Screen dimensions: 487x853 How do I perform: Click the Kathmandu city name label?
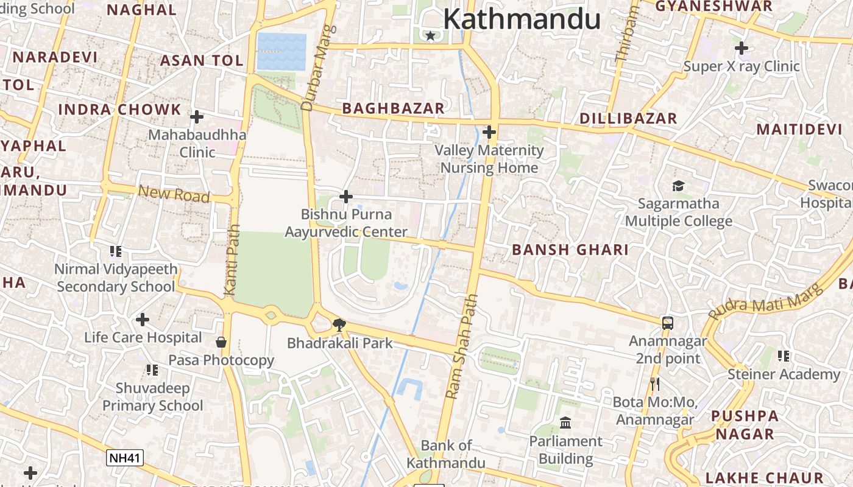(522, 19)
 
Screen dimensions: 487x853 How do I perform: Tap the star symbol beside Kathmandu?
(431, 36)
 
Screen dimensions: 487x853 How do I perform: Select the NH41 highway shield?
(125, 458)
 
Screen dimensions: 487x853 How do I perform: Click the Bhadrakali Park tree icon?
(339, 326)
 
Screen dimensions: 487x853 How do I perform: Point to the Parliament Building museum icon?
(565, 422)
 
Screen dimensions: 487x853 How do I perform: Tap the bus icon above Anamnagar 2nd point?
(668, 323)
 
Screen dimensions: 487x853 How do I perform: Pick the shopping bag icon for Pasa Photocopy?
(221, 342)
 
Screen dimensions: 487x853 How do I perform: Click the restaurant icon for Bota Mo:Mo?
(655, 384)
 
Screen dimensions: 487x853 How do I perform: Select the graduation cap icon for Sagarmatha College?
(678, 186)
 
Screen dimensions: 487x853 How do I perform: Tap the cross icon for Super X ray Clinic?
(742, 47)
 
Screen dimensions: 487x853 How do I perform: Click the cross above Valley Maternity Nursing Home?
(489, 131)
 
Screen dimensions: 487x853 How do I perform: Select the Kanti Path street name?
(232, 260)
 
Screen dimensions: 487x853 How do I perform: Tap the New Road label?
(174, 194)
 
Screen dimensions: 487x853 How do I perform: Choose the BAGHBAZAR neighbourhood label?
(393, 108)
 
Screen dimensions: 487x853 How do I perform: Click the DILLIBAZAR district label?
(628, 118)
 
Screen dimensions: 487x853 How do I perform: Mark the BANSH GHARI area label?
(570, 250)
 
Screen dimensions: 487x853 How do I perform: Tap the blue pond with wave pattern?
(281, 51)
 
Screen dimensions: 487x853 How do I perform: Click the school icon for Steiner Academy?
(784, 356)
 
